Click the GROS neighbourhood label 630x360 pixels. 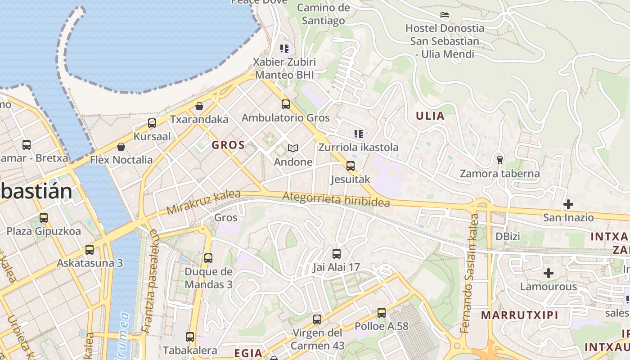click(228, 145)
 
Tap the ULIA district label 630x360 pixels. click(430, 116)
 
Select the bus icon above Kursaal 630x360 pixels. click(152, 123)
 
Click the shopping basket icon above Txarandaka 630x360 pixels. click(199, 106)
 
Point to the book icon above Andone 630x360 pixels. click(293, 148)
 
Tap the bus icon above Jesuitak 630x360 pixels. click(351, 166)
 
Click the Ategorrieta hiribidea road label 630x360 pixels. click(336, 199)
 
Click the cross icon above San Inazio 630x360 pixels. click(568, 204)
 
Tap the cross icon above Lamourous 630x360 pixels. click(548, 273)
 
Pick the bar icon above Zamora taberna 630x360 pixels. click(499, 160)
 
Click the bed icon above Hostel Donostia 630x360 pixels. click(445, 15)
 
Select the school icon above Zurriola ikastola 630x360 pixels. click(358, 134)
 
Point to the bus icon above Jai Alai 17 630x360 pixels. click(337, 254)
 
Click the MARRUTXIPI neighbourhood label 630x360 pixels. click(519, 315)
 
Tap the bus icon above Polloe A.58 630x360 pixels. click(382, 312)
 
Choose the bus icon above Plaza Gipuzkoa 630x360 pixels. click(44, 218)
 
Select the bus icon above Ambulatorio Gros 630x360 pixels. click(286, 104)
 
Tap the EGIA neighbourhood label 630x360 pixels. click(248, 353)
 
